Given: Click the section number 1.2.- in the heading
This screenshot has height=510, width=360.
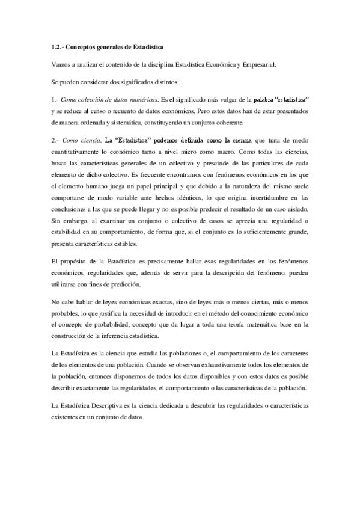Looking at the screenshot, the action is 58,46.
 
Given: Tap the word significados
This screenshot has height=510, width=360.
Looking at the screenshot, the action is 133,81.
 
